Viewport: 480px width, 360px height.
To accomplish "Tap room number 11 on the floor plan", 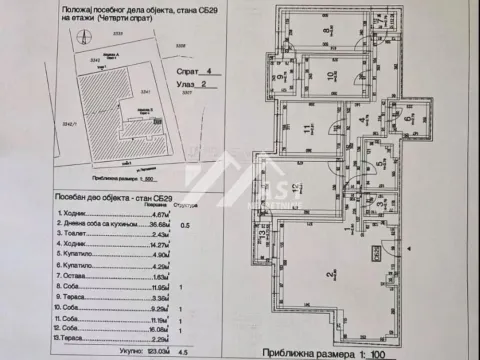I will (x=308, y=128).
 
